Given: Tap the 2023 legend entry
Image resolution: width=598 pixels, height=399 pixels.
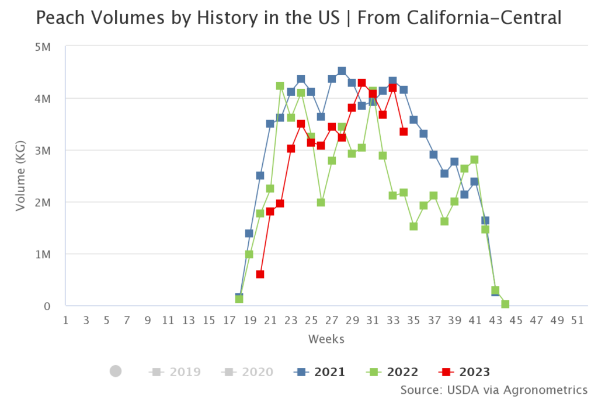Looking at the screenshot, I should pyautogui.click(x=464, y=372).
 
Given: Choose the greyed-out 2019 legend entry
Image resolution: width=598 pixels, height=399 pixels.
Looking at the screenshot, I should pyautogui.click(x=175, y=372).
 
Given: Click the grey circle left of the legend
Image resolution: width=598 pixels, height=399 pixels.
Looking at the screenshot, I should pyautogui.click(x=116, y=371).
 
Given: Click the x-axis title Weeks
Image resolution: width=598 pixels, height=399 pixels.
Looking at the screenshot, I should pyautogui.click(x=326, y=339).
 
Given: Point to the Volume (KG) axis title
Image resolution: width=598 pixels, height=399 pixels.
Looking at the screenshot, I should pyautogui.click(x=21, y=175).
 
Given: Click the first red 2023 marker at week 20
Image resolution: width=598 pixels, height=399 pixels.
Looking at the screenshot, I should pyautogui.click(x=260, y=274).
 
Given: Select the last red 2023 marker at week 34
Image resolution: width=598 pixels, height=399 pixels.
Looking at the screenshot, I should pyautogui.click(x=404, y=131).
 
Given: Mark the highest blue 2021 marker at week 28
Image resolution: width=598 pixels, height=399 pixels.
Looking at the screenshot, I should pyautogui.click(x=342, y=71).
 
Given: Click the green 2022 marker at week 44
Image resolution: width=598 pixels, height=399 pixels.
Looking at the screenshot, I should pyautogui.click(x=506, y=304).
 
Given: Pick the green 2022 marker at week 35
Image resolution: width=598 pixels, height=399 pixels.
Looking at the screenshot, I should pyautogui.click(x=413, y=226).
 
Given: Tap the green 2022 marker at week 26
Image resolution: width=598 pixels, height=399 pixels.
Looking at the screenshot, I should pyautogui.click(x=321, y=202).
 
